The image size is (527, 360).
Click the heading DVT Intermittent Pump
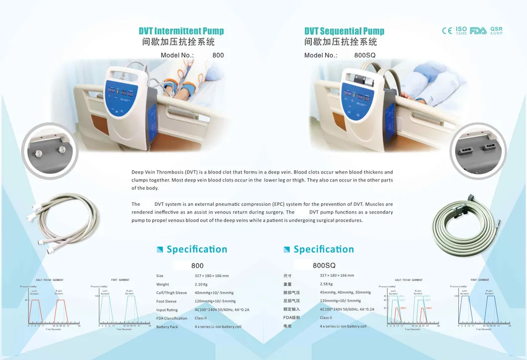(x=181, y=31)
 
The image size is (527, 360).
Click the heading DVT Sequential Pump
(x=344, y=31)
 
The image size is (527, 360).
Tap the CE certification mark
(x=447, y=30)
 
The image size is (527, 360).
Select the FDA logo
(x=478, y=30)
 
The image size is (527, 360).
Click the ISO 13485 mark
(x=461, y=30)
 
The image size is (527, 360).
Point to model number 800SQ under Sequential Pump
(x=364, y=55)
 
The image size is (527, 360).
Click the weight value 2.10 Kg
(x=202, y=284)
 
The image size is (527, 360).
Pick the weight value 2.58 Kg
(x=327, y=284)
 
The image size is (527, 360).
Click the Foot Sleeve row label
(x=166, y=301)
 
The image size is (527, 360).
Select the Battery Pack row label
(x=167, y=327)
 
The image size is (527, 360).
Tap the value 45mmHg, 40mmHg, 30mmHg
(x=345, y=292)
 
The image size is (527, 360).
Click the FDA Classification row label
(x=172, y=318)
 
